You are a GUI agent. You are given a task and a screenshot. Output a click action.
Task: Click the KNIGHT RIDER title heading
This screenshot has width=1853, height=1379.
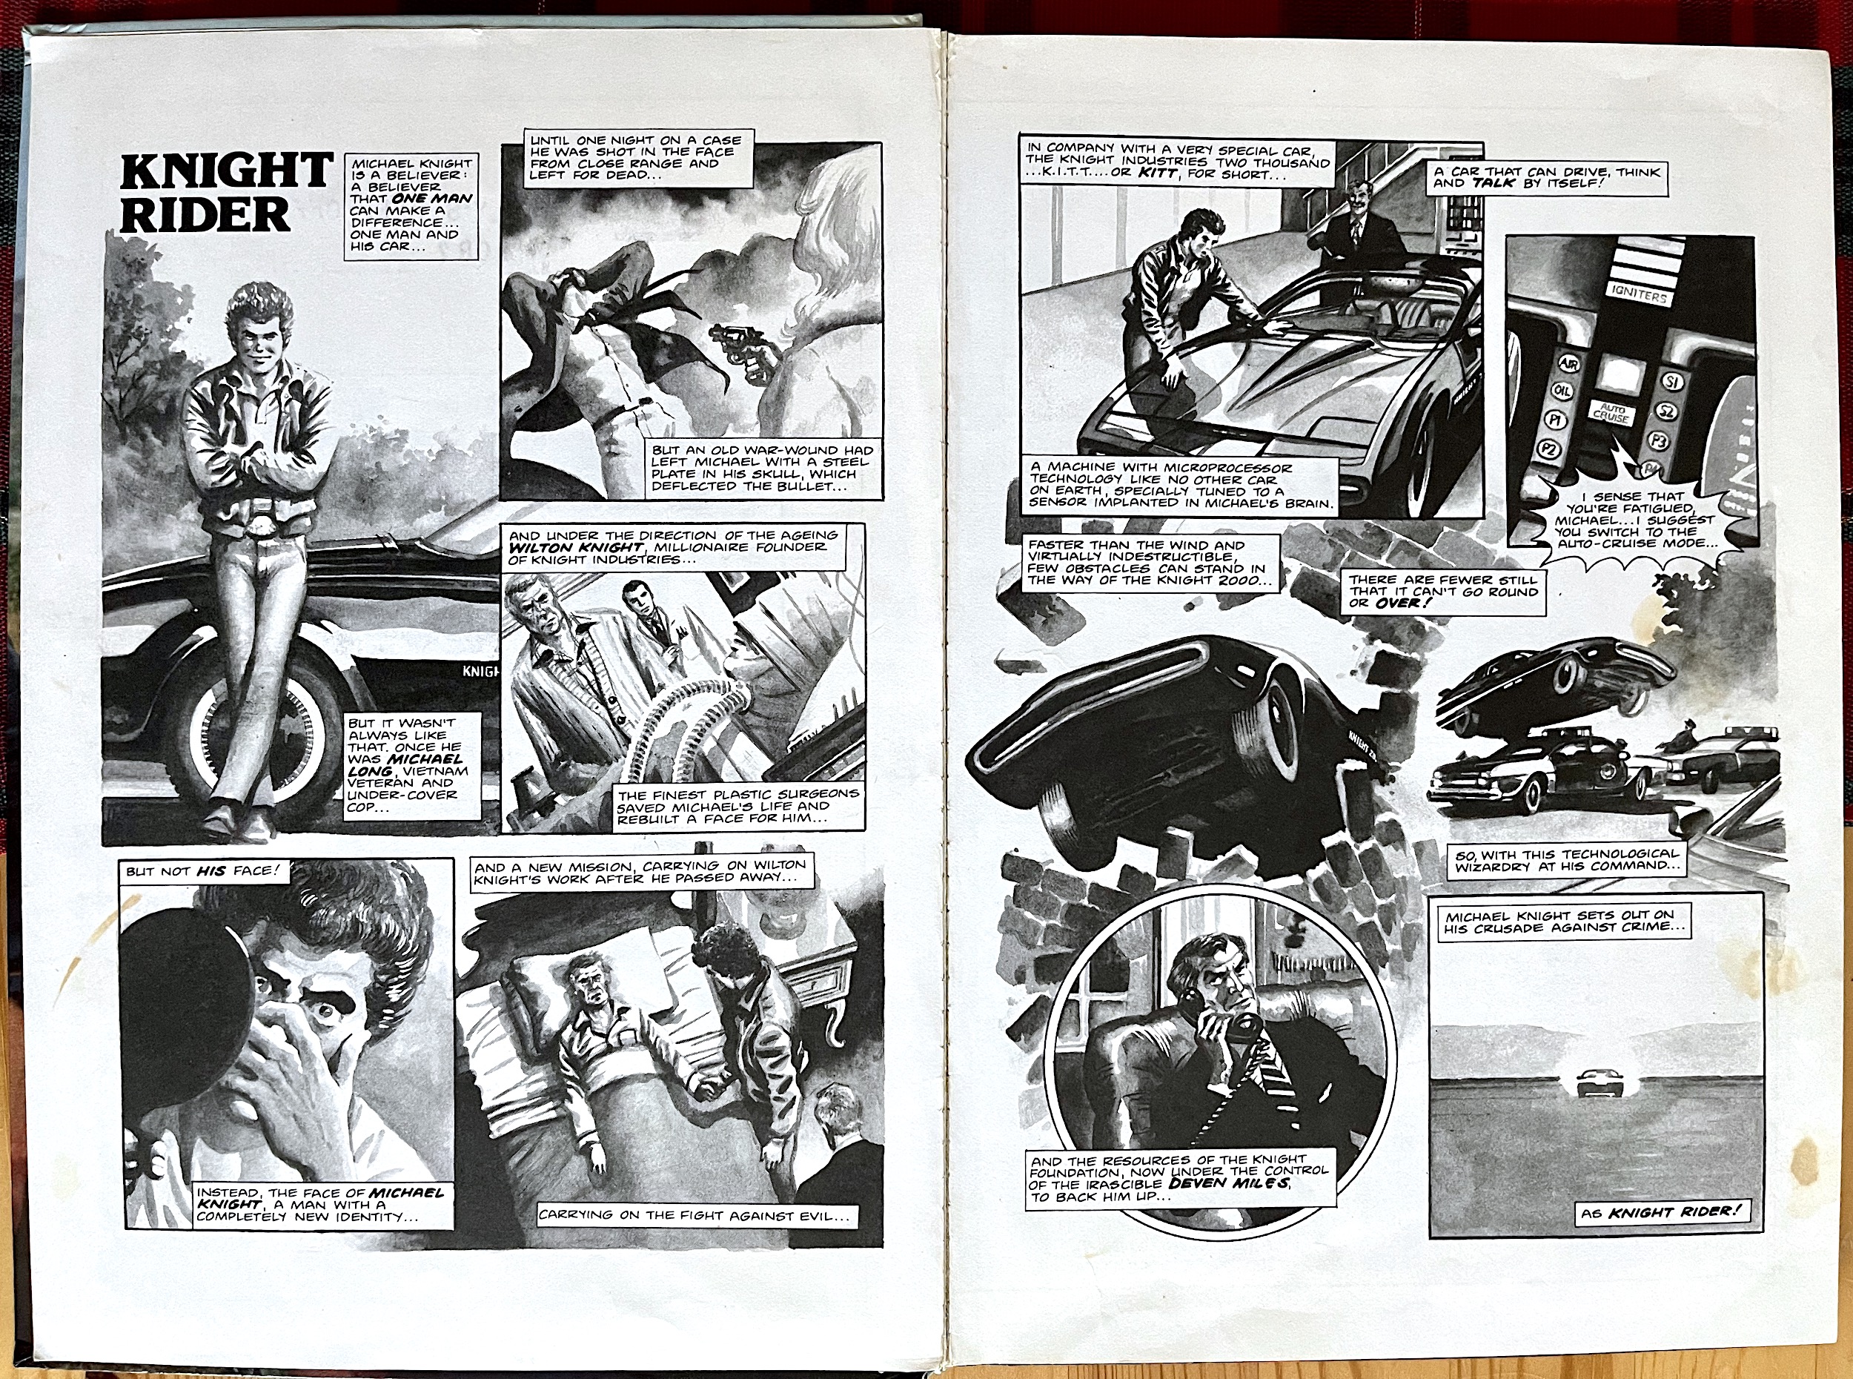225,193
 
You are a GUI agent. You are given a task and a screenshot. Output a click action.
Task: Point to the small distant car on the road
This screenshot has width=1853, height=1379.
1590,1083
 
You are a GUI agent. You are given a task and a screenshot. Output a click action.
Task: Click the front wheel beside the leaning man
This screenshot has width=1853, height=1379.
254,735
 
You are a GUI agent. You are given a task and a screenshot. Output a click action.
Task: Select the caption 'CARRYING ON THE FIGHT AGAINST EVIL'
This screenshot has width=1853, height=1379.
696,1215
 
